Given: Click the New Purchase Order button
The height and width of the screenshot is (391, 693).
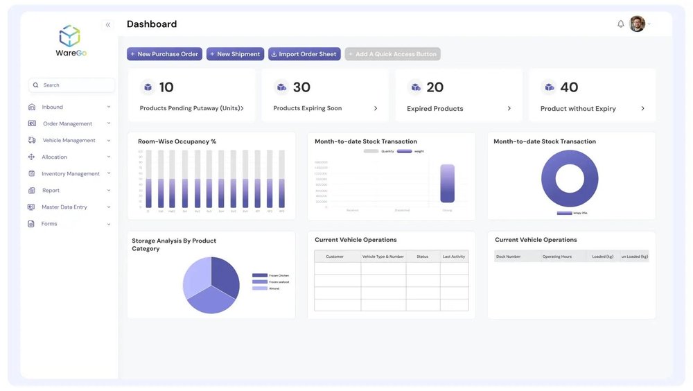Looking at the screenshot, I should tap(164, 54).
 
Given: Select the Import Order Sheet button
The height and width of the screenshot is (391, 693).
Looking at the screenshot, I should tap(304, 54).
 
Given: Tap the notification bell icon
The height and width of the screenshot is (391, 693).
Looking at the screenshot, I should tap(620, 24).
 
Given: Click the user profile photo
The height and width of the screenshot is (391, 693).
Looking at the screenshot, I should tap(637, 24).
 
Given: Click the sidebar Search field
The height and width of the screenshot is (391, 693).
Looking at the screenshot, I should tap(71, 85).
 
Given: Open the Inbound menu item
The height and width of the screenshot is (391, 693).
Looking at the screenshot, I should tap(53, 107).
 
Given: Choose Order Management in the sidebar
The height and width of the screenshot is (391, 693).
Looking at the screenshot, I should tap(67, 124).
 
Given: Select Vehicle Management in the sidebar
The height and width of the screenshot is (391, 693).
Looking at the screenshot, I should tap(69, 141).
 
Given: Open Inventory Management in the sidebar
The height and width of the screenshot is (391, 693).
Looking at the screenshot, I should tap(70, 174).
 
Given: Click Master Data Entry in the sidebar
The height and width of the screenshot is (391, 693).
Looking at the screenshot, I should tap(64, 207).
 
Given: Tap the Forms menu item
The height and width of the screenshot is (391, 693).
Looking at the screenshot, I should tap(49, 224).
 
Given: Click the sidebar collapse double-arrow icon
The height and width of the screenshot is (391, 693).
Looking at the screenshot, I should tap(108, 25).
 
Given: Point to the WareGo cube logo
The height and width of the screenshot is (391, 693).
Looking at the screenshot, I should tap(70, 35).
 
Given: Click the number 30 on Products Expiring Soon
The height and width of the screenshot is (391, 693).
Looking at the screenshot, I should tap(301, 87).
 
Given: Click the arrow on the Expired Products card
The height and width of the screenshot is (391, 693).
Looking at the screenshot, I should tap(509, 109).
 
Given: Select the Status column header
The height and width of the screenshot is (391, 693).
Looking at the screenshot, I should tap(422, 257).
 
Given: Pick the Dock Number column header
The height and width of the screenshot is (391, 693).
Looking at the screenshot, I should tap(508, 257).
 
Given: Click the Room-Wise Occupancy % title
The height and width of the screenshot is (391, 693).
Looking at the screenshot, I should tap(177, 141).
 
